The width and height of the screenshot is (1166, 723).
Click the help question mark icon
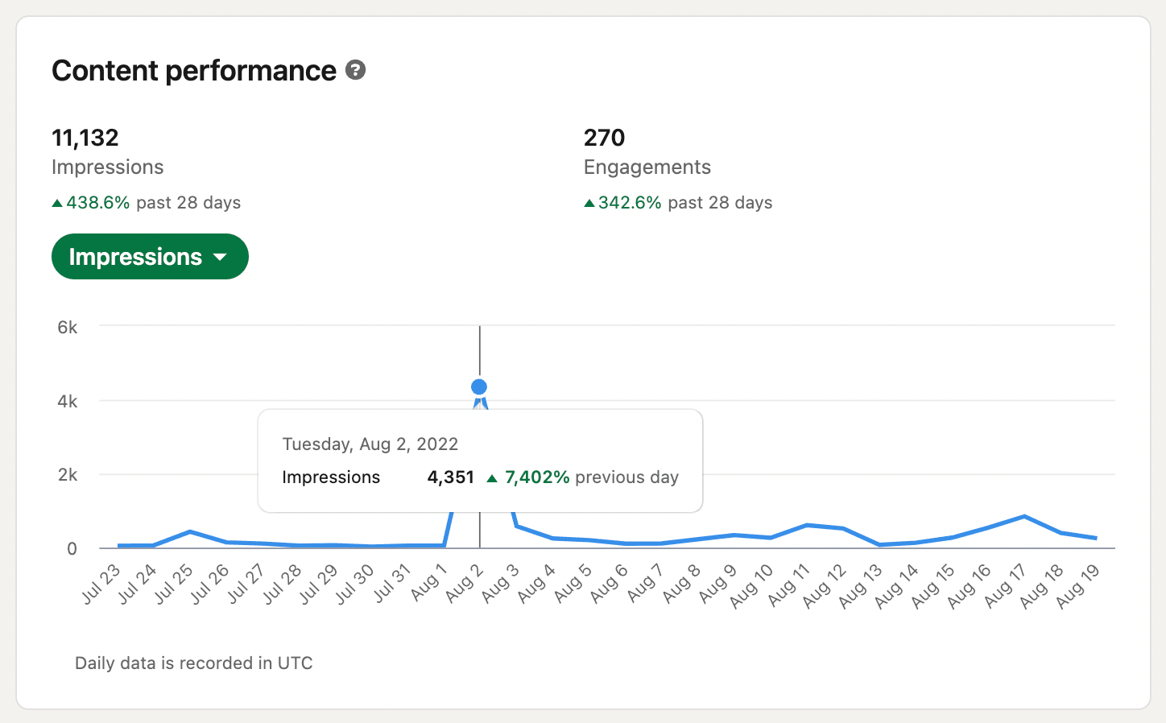pyautogui.click(x=355, y=70)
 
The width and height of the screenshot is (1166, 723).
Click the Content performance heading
pyautogui.click(x=194, y=71)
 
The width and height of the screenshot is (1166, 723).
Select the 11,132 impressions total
pyautogui.click(x=85, y=138)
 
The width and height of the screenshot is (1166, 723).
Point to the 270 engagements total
pyautogui.click(x=604, y=138)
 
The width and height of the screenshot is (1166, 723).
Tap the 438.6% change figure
pyautogui.click(x=97, y=203)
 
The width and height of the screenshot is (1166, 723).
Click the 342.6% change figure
pyautogui.click(x=629, y=203)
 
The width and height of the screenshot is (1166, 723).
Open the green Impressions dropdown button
pyautogui.click(x=150, y=257)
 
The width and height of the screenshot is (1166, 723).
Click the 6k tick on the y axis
pyautogui.click(x=68, y=327)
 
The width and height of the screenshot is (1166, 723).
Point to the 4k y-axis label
pyautogui.click(x=68, y=401)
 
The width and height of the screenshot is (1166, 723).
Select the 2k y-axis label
pyautogui.click(x=68, y=475)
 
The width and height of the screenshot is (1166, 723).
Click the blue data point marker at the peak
pyautogui.click(x=479, y=387)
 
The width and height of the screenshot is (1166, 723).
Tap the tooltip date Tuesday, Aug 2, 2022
pyautogui.click(x=370, y=444)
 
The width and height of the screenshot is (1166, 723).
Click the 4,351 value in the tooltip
pyautogui.click(x=450, y=477)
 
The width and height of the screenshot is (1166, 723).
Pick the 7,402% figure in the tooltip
pyautogui.click(x=536, y=477)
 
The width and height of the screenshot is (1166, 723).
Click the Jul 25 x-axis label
pyautogui.click(x=175, y=584)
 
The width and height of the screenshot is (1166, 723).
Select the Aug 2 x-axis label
pyautogui.click(x=465, y=584)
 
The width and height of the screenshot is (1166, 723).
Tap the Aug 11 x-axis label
pyautogui.click(x=788, y=585)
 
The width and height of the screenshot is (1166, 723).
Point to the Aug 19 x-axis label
pyautogui.click(x=1078, y=585)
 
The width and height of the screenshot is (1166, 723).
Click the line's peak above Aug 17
pyautogui.click(x=1023, y=516)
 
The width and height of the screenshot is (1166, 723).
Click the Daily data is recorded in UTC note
pyautogui.click(x=193, y=663)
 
